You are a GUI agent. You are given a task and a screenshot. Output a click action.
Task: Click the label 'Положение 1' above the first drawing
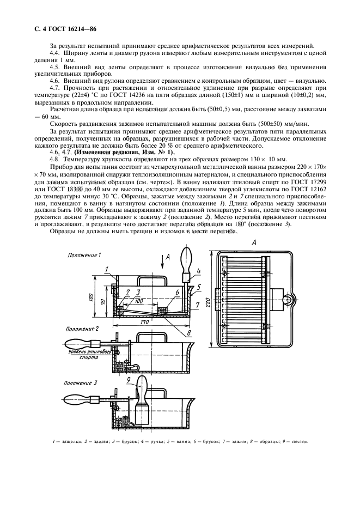84,255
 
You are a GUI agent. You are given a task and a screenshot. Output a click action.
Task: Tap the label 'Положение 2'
82,329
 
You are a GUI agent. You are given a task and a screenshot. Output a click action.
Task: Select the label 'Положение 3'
81,382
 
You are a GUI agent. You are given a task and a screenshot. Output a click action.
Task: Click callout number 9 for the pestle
129,379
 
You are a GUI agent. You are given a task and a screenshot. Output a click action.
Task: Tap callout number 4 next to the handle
199,271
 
